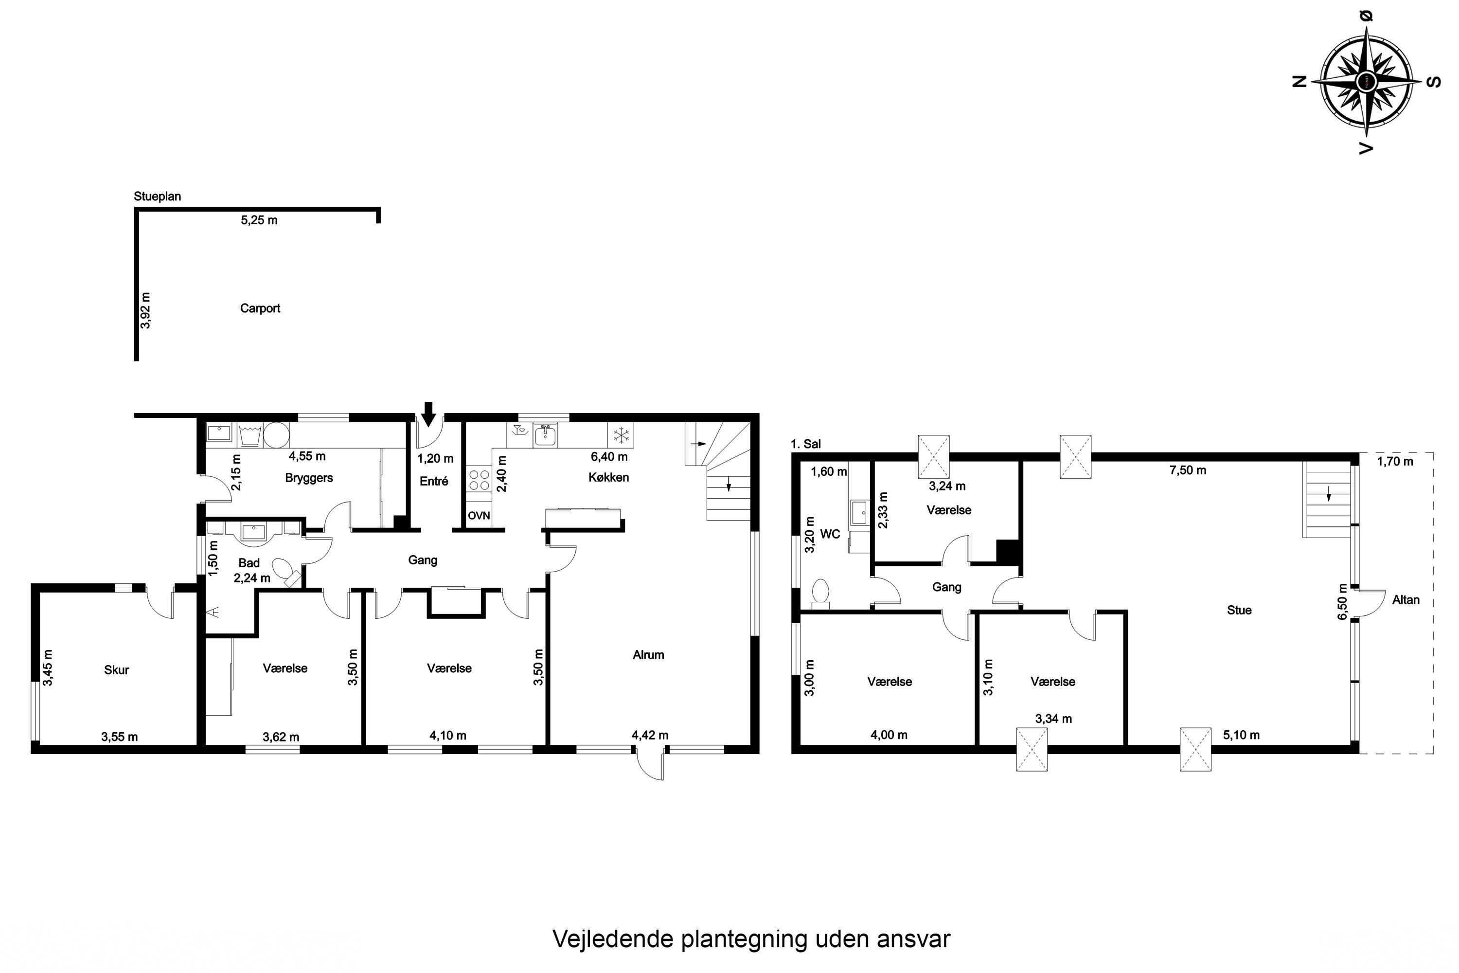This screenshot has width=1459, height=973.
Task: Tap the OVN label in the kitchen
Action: [479, 515]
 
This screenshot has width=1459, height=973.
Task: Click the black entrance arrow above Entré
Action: [428, 414]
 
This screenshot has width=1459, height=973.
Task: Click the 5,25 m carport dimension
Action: [259, 220]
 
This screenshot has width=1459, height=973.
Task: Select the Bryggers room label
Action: [309, 478]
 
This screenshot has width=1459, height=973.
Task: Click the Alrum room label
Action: [648, 655]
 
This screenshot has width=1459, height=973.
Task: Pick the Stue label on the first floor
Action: [1239, 610]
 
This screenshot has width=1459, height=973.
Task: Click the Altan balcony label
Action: [1406, 600]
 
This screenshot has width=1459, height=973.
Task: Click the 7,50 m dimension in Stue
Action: [1188, 470]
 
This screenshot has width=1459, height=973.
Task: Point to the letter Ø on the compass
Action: [1366, 17]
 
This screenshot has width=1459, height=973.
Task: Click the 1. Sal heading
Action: [806, 444]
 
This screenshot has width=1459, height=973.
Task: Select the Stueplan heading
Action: [158, 197]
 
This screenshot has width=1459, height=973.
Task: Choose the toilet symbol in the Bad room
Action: [286, 572]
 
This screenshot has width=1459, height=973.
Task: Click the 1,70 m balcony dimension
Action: [1395, 462]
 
